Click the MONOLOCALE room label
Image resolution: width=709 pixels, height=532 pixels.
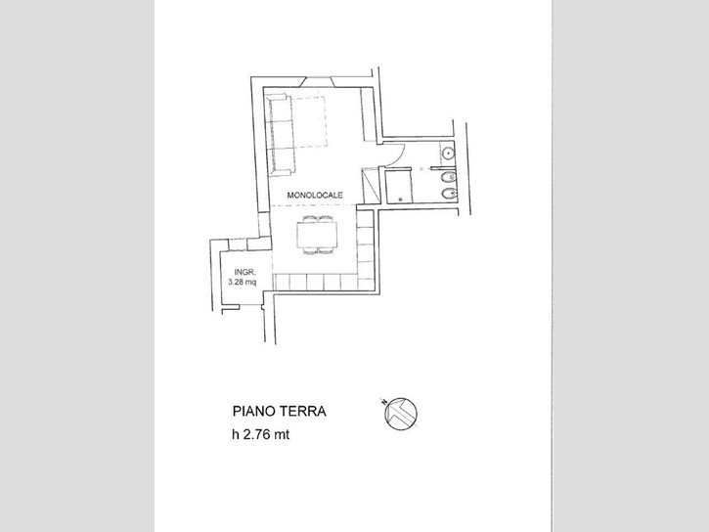pos(315,196)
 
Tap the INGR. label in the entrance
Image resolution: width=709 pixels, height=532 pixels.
pos(245,272)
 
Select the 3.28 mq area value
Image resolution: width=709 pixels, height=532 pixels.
pos(242,283)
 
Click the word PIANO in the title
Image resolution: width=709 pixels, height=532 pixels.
pos(253,412)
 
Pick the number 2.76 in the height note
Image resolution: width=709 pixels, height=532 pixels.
pos(257,434)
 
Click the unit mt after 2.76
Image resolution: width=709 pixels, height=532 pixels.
pos(282,435)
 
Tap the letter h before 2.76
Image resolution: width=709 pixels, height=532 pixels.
pos(236,434)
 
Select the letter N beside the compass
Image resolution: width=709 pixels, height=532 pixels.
pos(384,402)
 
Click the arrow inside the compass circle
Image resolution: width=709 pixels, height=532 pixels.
pos(400,414)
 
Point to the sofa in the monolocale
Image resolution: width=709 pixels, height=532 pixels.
pos(281,134)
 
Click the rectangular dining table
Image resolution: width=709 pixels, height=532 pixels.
pos(317,235)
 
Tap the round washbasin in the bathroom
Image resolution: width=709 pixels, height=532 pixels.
pos(448,154)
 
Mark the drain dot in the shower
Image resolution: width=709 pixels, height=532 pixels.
pos(401,199)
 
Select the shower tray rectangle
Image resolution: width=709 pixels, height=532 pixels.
pos(398,186)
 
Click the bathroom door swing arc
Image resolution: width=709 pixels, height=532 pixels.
pos(398,155)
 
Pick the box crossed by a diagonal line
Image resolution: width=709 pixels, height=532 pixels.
pos(370,185)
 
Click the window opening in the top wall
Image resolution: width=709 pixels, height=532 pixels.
pos(320,82)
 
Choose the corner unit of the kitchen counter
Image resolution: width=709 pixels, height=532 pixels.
pos(366,282)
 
